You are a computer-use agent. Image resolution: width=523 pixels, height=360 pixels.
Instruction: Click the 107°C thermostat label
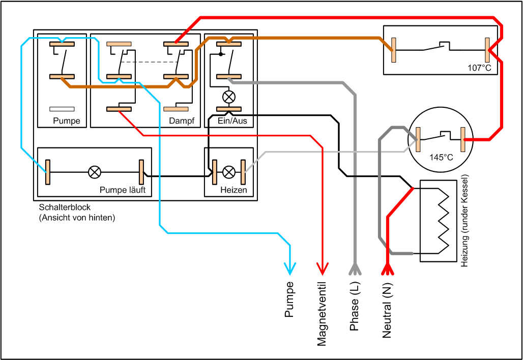pos(479,67)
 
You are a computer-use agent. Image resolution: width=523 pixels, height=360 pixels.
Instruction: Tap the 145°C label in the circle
pos(441,158)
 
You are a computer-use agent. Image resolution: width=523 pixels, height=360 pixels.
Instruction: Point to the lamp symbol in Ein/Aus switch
pos(229,96)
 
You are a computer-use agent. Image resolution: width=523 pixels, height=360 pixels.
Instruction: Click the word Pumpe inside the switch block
pos(67,121)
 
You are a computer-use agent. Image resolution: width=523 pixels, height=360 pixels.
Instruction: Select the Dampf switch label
pos(179,121)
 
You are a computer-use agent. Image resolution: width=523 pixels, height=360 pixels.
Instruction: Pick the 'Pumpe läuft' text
pos(123,190)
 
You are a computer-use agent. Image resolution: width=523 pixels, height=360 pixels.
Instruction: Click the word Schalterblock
pos(61,208)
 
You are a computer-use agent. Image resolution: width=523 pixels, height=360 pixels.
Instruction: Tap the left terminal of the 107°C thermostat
pos(394,50)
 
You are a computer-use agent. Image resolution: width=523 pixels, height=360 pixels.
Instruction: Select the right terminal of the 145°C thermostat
pos(463,139)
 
